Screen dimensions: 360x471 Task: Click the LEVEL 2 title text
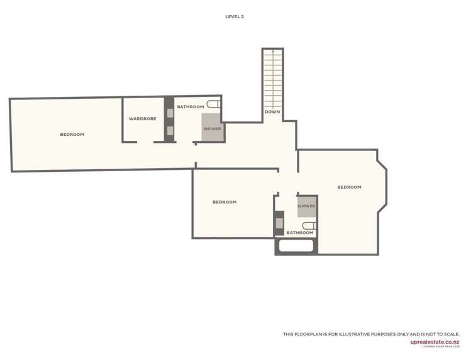tap(235, 17)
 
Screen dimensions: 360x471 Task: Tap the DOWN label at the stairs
tap(272, 112)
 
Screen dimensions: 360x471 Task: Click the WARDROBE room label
tap(142, 118)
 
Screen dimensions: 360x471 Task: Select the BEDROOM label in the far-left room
tap(72, 135)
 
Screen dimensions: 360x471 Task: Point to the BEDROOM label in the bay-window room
tap(349, 187)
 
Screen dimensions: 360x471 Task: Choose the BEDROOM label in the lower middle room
tap(224, 202)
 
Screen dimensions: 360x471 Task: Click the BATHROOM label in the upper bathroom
tap(190, 107)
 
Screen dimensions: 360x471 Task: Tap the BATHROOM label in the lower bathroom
tap(299, 233)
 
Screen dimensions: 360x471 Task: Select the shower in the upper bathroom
tap(212, 128)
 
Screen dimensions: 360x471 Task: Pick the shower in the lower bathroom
tap(306, 206)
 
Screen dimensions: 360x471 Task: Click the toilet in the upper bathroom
tap(214, 104)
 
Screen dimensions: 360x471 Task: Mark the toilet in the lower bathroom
tap(309, 225)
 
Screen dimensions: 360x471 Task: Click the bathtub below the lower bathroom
tap(296, 246)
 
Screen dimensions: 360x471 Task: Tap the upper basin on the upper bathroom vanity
tap(169, 113)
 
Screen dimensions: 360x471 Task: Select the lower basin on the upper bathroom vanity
tap(169, 131)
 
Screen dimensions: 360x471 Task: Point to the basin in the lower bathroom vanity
tap(279, 223)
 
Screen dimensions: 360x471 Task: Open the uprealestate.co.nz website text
tap(435, 342)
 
